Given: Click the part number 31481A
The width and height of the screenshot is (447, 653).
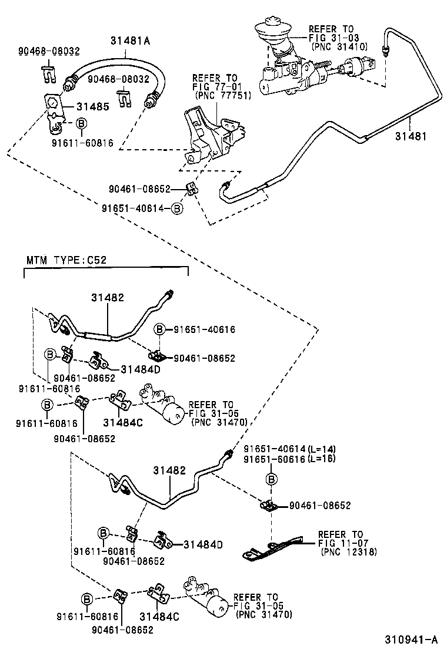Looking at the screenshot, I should tap(130, 41).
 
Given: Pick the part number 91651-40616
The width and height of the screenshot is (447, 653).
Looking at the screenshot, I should tap(204, 329).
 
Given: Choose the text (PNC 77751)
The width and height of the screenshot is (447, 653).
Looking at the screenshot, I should tap(218, 96).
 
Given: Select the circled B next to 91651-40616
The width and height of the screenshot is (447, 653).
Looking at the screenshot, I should tap(160, 329).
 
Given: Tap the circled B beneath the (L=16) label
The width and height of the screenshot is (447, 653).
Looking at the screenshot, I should tap(272, 480).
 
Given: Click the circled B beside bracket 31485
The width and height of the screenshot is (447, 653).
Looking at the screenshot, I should tap(81, 123).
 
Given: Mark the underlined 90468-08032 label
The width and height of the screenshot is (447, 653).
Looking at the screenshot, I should tap(48, 52).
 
